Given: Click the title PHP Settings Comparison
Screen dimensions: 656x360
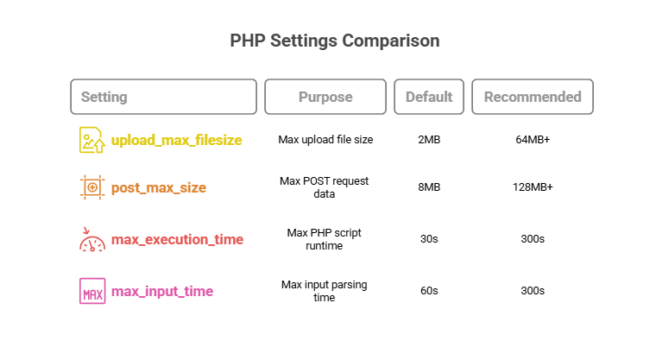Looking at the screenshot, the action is pos(335,41).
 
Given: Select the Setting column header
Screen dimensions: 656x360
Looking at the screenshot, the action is pos(164,97).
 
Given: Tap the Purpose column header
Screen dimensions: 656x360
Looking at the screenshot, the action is pos(325,97).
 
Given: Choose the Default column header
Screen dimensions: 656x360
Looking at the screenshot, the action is pos(429,97).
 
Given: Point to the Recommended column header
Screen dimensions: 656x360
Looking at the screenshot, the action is pos(533,97).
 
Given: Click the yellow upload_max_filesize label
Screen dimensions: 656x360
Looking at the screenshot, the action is pos(177,140).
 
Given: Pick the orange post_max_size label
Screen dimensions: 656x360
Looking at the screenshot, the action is pos(159,187).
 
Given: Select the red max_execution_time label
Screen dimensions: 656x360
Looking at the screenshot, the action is pos(178,239).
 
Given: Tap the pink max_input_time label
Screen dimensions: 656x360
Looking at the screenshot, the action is pos(162,291).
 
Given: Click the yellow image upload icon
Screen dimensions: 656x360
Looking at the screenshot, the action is pos(92,140).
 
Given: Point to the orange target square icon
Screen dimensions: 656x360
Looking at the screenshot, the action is pos(92,187).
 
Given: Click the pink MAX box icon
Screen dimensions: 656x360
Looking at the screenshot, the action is pos(92,291).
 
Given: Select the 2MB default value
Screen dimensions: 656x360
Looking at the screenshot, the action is pos(429,139).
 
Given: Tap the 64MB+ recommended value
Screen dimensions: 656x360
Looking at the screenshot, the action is pos(533,139).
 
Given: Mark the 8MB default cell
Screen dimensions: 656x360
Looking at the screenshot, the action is pos(429,187).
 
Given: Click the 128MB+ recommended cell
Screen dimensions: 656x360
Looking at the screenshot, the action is pos(533,187).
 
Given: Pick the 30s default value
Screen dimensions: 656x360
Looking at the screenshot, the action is pos(429,238).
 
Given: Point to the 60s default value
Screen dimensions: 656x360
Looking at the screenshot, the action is pos(429,291).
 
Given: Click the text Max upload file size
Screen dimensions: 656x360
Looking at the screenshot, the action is pos(325,139).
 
